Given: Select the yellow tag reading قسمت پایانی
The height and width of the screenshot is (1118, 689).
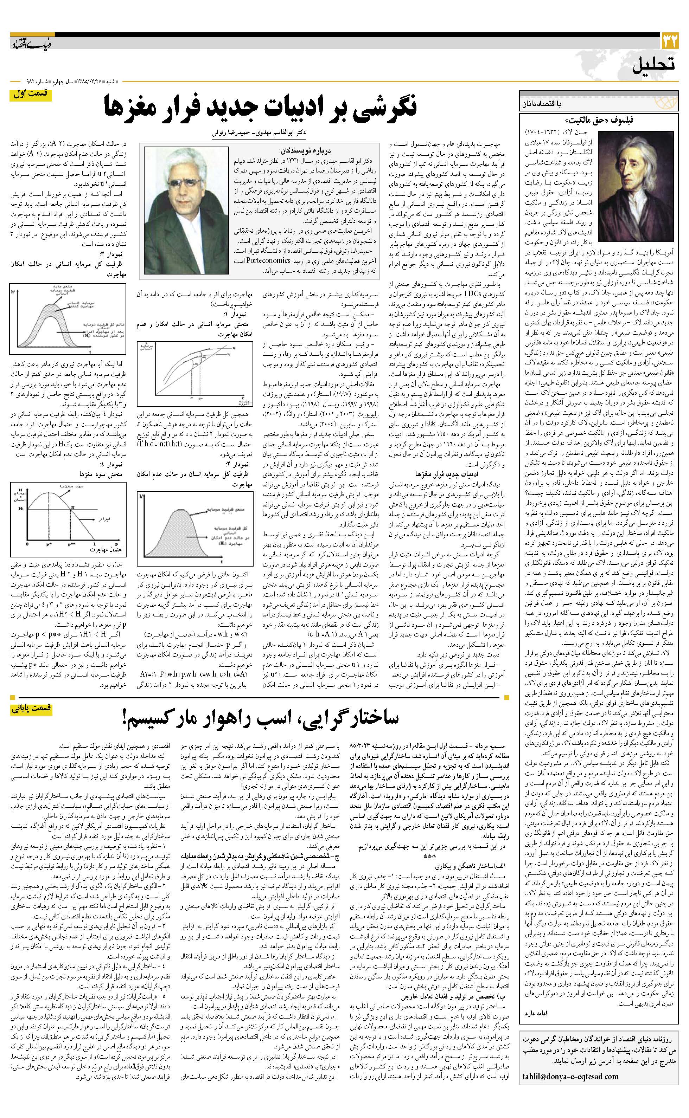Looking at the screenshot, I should point(31,709).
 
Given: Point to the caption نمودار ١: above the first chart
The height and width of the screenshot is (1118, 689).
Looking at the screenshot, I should point(235,315).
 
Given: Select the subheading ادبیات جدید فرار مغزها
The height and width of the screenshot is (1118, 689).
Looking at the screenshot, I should point(440,474).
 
